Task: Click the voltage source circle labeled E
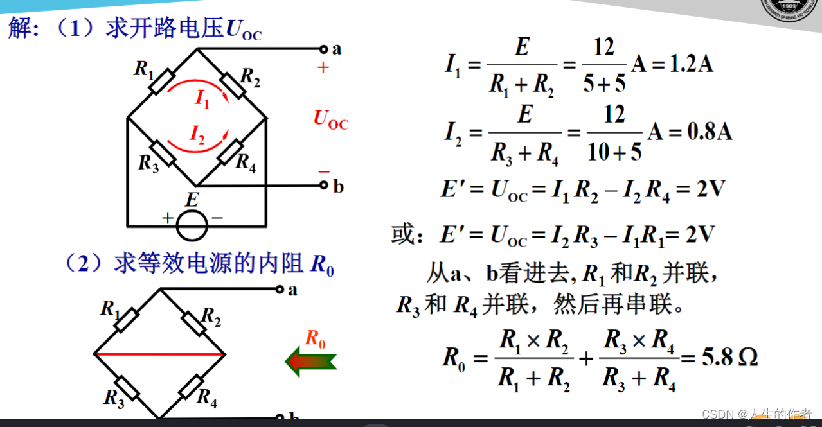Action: (x=192, y=225)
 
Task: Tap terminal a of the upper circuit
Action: (x=324, y=49)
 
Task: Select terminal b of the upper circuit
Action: (x=324, y=186)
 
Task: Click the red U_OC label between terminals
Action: (x=330, y=119)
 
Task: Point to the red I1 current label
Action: (x=202, y=99)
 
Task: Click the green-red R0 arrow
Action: (x=311, y=361)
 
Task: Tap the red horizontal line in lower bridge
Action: (x=159, y=354)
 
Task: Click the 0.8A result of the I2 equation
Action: (x=710, y=132)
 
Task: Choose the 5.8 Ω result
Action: (x=729, y=357)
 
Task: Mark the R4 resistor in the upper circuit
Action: (x=229, y=152)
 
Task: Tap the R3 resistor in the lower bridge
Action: (x=127, y=388)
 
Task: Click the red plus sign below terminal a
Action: (x=323, y=68)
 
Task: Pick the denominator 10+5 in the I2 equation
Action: (x=614, y=151)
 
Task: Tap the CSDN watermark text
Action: (x=756, y=414)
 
